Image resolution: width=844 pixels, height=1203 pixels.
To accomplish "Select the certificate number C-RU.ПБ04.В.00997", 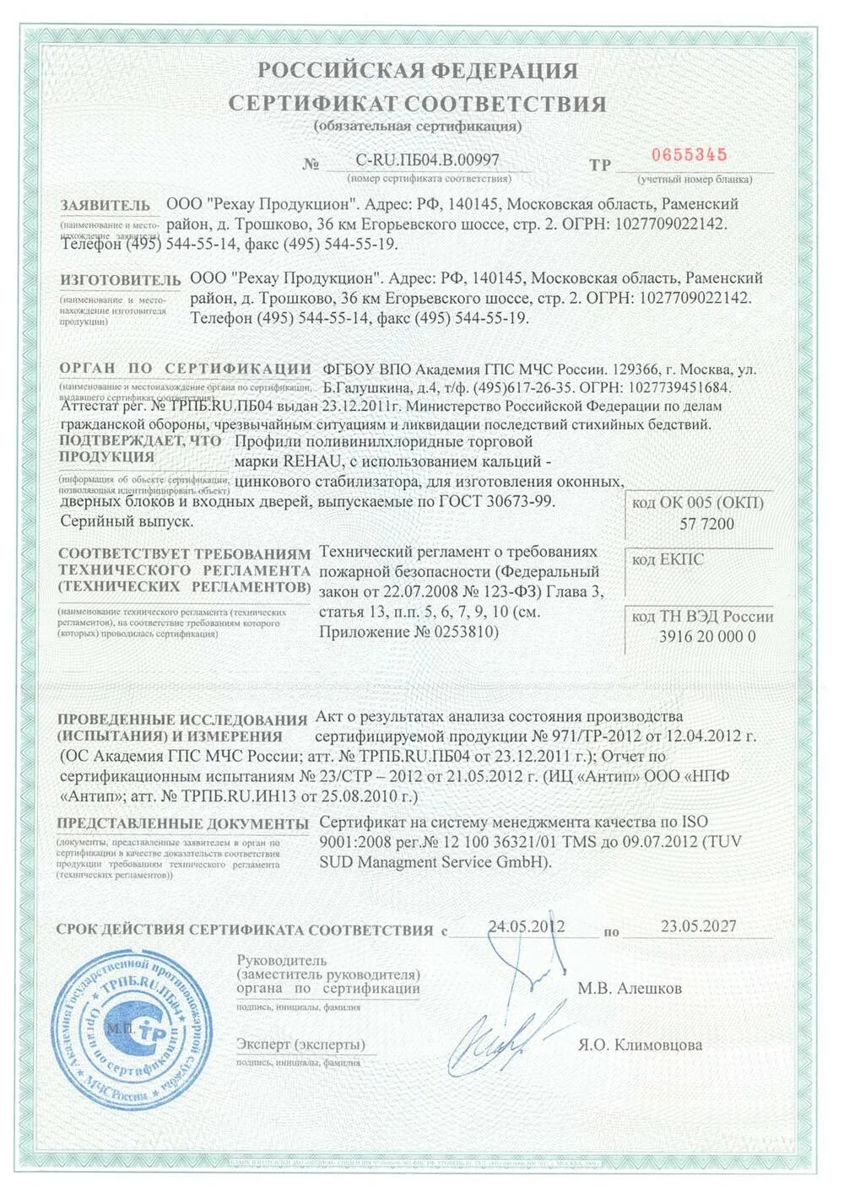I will tap(427, 159).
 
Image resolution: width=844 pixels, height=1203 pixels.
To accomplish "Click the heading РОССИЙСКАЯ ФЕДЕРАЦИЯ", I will tap(418, 71).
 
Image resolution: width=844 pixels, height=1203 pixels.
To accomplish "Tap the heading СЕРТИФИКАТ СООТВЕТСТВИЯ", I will tap(418, 104).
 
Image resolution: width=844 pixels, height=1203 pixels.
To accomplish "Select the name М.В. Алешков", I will tap(630, 988).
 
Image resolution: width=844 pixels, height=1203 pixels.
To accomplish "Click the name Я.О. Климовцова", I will tap(641, 1044).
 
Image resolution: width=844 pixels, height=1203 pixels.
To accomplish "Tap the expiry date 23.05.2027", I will tap(698, 925).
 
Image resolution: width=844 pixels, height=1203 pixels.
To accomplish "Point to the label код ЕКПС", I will tap(668, 559).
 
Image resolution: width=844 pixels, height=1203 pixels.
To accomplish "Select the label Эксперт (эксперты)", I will tap(300, 1044).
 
